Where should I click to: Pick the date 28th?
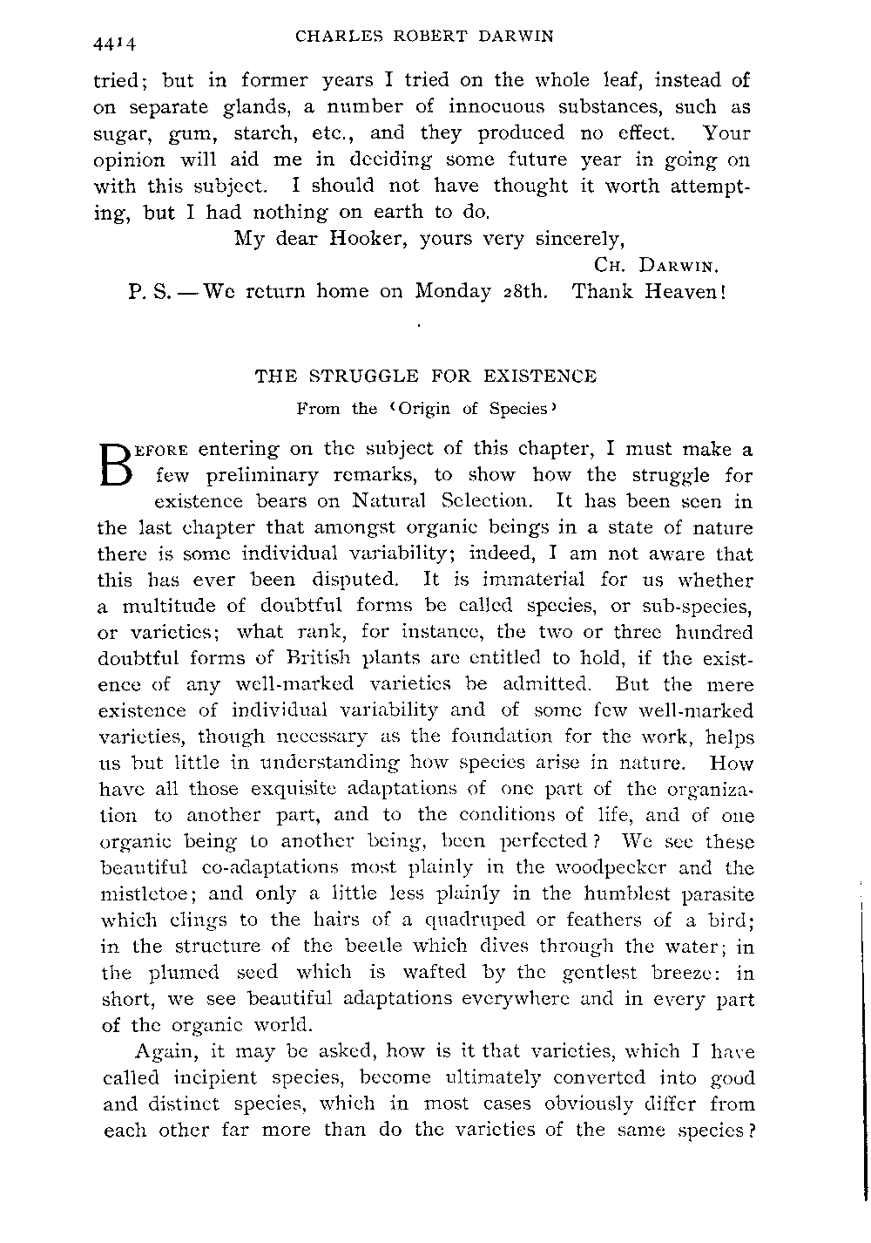tap(525, 290)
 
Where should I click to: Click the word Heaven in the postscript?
tap(683, 290)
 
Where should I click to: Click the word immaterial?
tap(506, 580)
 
